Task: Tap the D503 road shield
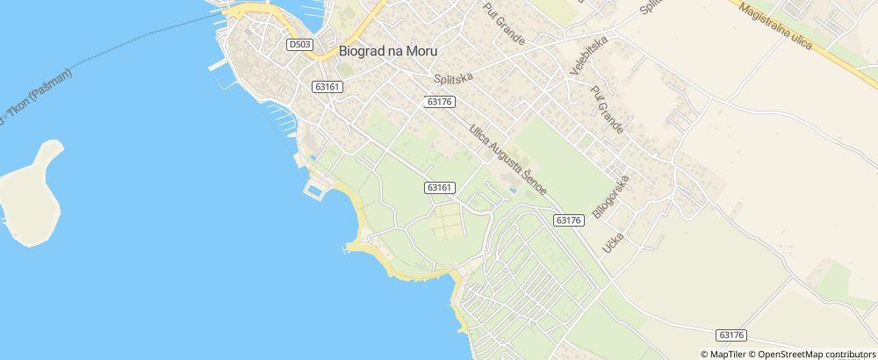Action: pyautogui.click(x=299, y=43)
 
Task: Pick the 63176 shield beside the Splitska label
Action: pyautogui.click(x=438, y=102)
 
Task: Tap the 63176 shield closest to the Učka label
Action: pyautogui.click(x=569, y=220)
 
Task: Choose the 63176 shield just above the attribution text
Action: pyautogui.click(x=731, y=335)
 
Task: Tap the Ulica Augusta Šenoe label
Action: pyautogui.click(x=508, y=159)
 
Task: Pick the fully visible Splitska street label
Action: pyautogui.click(x=454, y=78)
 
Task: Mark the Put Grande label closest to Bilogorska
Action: pyautogui.click(x=607, y=110)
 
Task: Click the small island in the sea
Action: pyautogui.click(x=32, y=195)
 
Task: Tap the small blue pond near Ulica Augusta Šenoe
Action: pyautogui.click(x=512, y=187)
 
